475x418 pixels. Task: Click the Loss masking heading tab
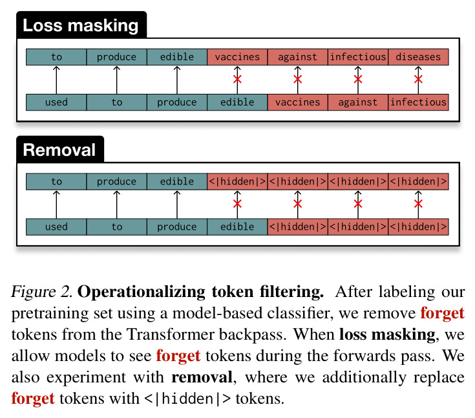(x=81, y=25)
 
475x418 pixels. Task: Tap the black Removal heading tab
(x=60, y=149)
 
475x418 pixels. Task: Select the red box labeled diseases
(x=418, y=57)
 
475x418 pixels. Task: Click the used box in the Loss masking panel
(x=56, y=102)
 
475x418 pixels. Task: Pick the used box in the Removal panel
(x=56, y=226)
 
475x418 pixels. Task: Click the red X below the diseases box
(x=418, y=79)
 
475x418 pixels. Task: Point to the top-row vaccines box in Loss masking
(x=237, y=57)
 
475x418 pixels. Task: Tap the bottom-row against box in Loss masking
(x=358, y=102)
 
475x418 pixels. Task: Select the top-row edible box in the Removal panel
(x=177, y=181)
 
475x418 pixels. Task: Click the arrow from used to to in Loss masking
(x=56, y=80)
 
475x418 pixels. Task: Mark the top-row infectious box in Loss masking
(x=358, y=57)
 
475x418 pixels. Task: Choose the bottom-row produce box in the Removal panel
(x=177, y=226)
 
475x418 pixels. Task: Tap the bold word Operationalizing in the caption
(x=142, y=292)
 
